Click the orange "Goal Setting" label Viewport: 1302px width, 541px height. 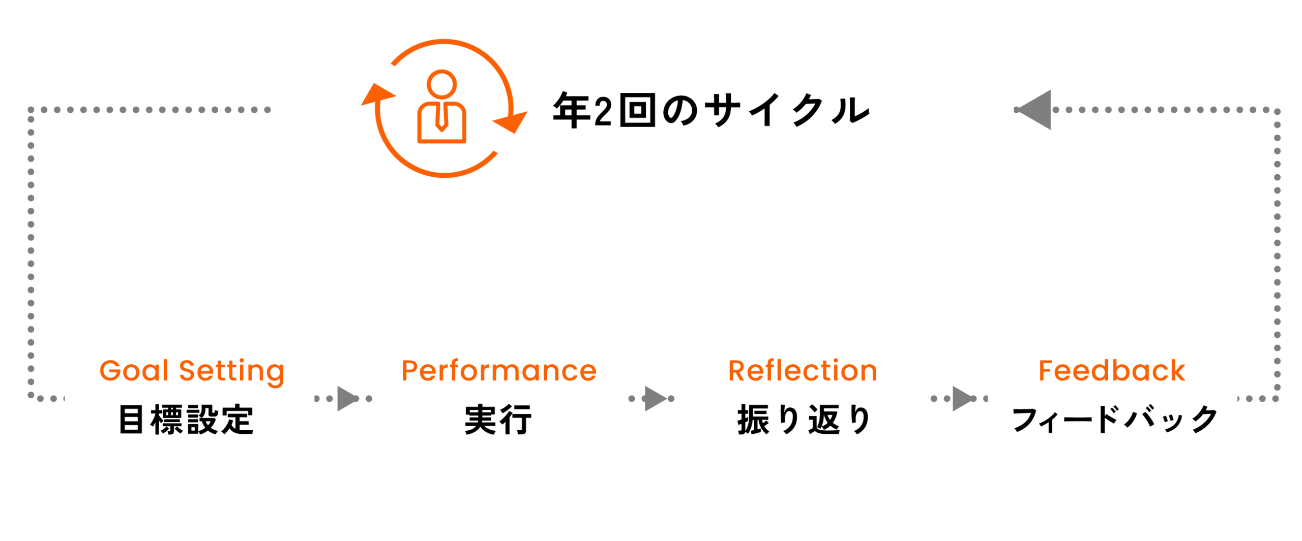(x=192, y=371)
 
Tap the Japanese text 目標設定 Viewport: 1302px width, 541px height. (x=186, y=420)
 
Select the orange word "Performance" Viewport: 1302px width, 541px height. (x=498, y=371)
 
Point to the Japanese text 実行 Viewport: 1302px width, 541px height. (x=498, y=420)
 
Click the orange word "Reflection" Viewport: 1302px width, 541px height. (x=803, y=371)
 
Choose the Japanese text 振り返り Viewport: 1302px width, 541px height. (x=804, y=420)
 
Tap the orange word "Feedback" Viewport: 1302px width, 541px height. (x=1112, y=371)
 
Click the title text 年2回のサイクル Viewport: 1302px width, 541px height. (x=711, y=110)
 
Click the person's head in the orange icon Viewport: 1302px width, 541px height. (x=441, y=83)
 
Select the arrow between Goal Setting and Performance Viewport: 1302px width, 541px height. (x=348, y=398)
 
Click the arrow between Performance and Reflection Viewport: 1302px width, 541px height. (x=656, y=398)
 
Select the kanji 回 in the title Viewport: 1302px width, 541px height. (x=637, y=110)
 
